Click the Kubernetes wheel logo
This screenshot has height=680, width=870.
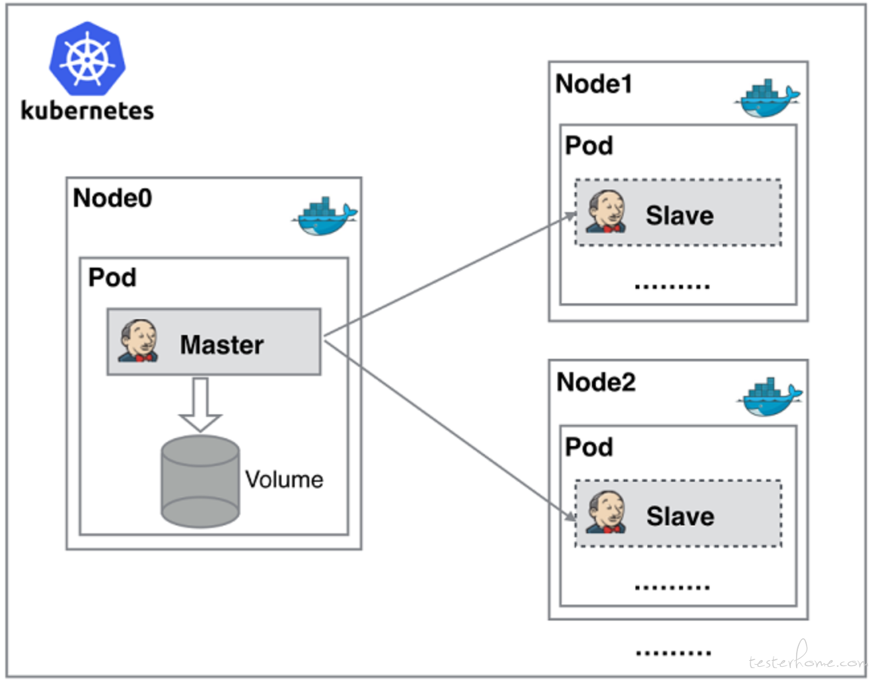pos(87,59)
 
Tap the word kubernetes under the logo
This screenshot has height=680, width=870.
pos(87,110)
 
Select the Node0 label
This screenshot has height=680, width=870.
pos(112,198)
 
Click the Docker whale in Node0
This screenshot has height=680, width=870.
pos(324,217)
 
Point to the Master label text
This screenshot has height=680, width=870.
pos(222,345)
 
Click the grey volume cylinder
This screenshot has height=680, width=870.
pos(200,481)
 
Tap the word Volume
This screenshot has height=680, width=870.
pos(284,480)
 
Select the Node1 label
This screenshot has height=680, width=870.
pos(594,84)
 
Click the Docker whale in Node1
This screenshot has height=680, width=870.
pos(767,100)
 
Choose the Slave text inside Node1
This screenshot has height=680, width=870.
pos(680,215)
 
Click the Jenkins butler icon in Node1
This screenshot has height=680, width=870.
pos(606,212)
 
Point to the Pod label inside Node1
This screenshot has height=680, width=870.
pos(589,146)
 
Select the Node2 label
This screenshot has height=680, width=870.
pos(596,382)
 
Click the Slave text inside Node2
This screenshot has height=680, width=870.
pos(680,516)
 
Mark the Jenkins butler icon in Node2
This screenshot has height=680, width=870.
pos(606,512)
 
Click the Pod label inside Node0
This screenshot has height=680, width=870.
pos(112,278)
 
